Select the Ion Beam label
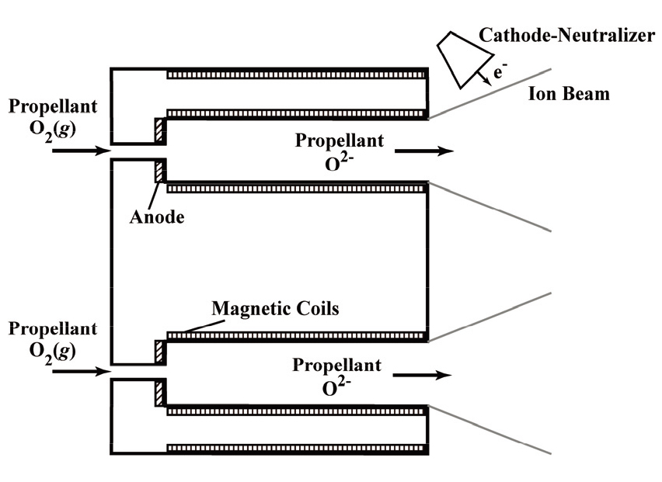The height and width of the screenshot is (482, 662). pyautogui.click(x=569, y=95)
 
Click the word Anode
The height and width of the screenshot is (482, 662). pyautogui.click(x=158, y=217)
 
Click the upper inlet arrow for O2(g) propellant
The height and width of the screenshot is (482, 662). pyautogui.click(x=82, y=151)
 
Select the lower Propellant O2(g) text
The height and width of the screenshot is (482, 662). pyautogui.click(x=53, y=338)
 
